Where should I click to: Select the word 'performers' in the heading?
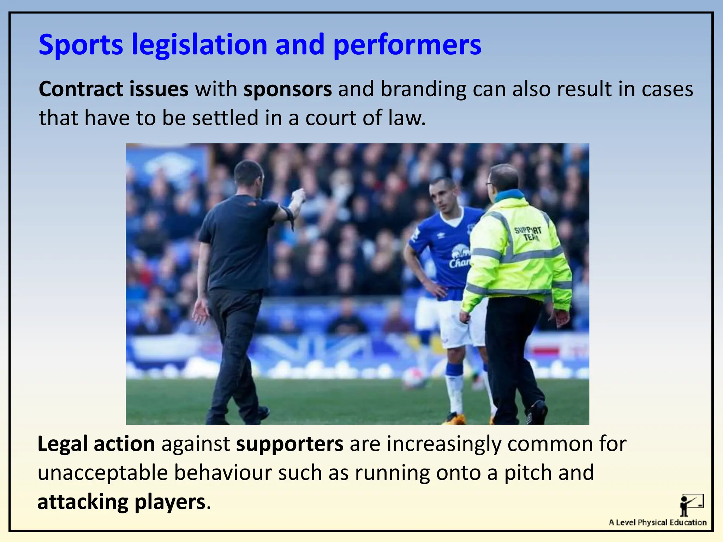pyautogui.click(x=407, y=45)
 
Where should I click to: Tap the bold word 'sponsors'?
pyautogui.click(x=287, y=89)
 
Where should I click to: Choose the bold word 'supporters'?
pyautogui.click(x=289, y=444)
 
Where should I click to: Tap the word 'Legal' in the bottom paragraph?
pyautogui.click(x=62, y=444)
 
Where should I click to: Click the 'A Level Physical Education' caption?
pyautogui.click(x=658, y=523)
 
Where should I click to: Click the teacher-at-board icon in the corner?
pyautogui.click(x=692, y=505)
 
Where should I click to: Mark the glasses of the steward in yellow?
pyautogui.click(x=490, y=184)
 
